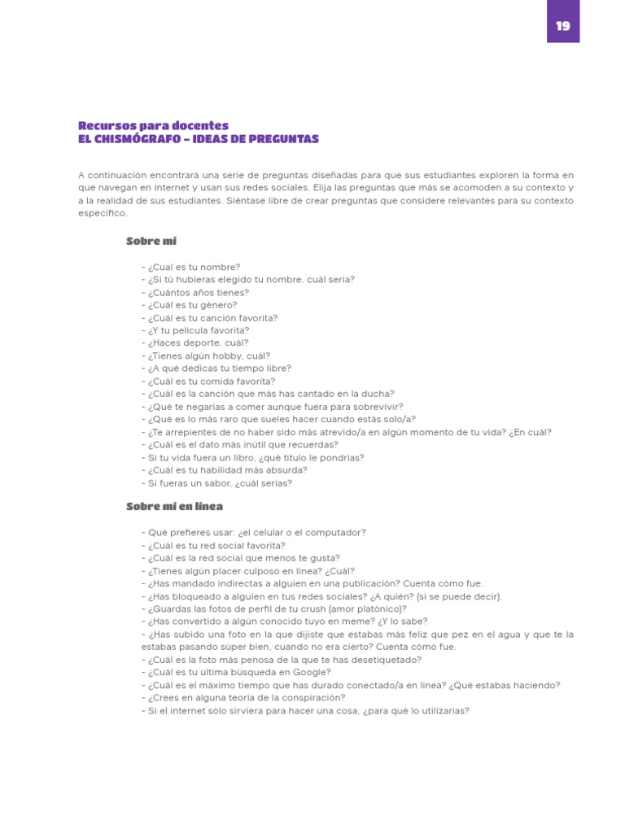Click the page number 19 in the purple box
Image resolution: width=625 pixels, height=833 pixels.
(x=563, y=26)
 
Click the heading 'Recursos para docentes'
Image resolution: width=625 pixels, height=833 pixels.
(x=153, y=125)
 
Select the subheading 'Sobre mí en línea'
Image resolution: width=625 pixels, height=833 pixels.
(x=174, y=506)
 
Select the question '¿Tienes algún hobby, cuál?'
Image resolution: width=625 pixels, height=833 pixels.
(x=208, y=355)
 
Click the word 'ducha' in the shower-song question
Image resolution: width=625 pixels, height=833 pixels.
(x=378, y=394)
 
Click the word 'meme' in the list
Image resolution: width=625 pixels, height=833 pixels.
(x=331, y=621)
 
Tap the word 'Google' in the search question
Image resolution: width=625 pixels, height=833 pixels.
(x=313, y=673)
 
